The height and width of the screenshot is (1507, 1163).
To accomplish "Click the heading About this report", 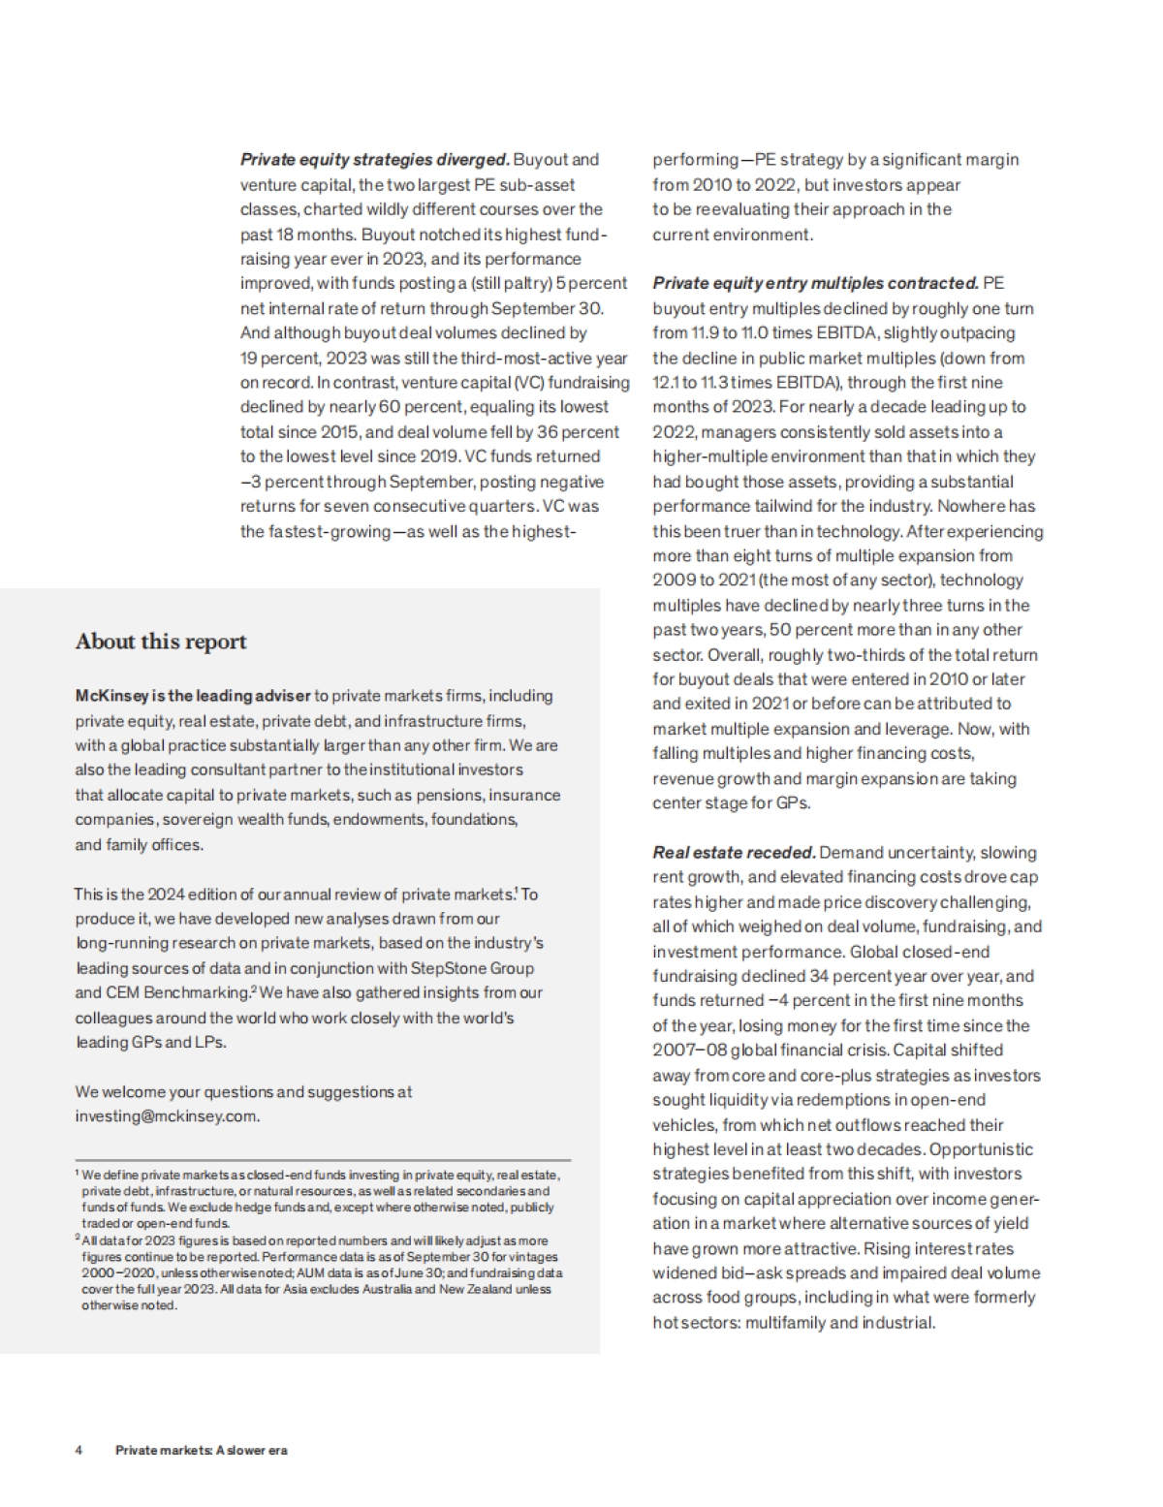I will pyautogui.click(x=161, y=642).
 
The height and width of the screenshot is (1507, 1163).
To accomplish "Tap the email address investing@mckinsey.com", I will pyautogui.click(x=167, y=1115).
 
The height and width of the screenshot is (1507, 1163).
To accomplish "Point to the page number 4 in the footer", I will pyautogui.click(x=79, y=1450).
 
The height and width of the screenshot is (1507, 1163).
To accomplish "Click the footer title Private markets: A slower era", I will pyautogui.click(x=201, y=1450).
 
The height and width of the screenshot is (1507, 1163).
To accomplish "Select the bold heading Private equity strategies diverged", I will pyautogui.click(x=374, y=160).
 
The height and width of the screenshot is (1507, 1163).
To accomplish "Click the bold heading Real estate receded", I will pyautogui.click(x=734, y=853).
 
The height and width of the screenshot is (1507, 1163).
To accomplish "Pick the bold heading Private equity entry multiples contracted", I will pyautogui.click(x=815, y=283).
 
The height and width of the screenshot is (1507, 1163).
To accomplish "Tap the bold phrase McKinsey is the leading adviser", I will pyautogui.click(x=193, y=696).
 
